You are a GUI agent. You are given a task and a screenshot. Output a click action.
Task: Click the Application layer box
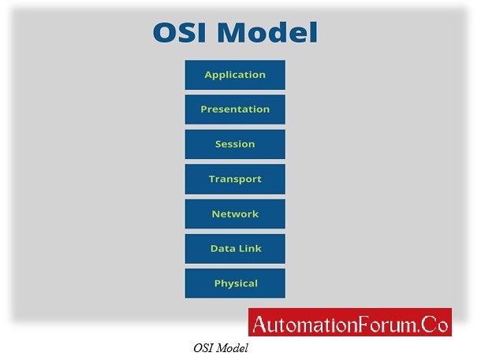pyautogui.click(x=235, y=75)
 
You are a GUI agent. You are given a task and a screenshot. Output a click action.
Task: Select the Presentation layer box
pyautogui.click(x=235, y=109)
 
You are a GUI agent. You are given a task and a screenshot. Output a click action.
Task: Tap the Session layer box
pyautogui.click(x=235, y=144)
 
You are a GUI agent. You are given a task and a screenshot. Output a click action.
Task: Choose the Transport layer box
pyautogui.click(x=235, y=179)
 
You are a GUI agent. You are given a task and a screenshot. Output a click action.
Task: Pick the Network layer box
pyautogui.click(x=235, y=213)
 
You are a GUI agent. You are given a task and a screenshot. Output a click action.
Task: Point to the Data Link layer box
pyautogui.click(x=235, y=249)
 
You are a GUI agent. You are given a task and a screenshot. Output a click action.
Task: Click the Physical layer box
pyautogui.click(x=235, y=284)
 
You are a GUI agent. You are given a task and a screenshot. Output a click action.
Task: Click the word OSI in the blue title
pyautogui.click(x=180, y=32)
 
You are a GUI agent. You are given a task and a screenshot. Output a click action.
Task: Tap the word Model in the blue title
pyautogui.click(x=267, y=32)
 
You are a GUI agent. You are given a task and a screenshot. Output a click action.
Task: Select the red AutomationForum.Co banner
pyautogui.click(x=350, y=322)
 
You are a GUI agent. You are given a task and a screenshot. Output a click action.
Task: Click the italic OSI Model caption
pyautogui.click(x=221, y=348)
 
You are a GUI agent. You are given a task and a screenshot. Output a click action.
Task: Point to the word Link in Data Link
pyautogui.click(x=250, y=248)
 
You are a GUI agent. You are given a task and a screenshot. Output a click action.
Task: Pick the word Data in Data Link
pyautogui.click(x=223, y=248)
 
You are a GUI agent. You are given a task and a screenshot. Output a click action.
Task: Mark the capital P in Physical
pyautogui.click(x=218, y=284)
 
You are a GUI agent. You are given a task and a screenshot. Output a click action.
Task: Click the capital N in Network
pyautogui.click(x=215, y=213)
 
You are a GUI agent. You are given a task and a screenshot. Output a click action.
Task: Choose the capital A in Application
pyautogui.click(x=209, y=75)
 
